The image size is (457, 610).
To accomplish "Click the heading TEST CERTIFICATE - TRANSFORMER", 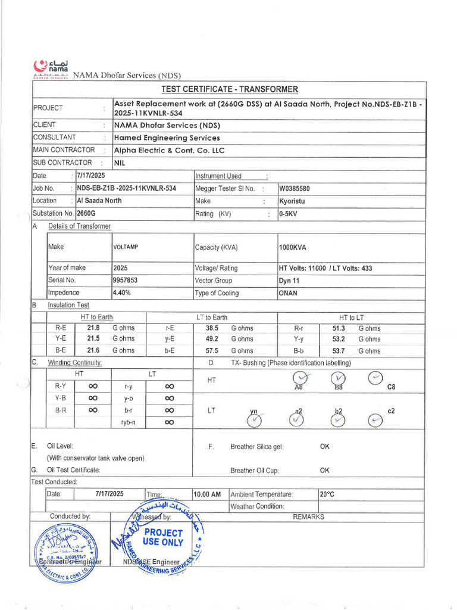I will (229, 89).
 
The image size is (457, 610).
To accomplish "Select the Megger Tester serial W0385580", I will (294, 189).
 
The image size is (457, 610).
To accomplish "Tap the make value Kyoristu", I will (292, 201).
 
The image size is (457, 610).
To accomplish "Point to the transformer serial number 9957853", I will (125, 281).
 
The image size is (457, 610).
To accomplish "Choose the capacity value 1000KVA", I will (293, 247).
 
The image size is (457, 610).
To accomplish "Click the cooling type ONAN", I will (288, 293).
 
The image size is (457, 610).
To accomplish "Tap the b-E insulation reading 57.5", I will (212, 351).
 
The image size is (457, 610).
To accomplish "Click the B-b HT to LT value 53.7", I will (339, 351).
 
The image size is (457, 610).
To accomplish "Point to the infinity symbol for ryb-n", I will (169, 422).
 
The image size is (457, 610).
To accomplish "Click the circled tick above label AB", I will (302, 378).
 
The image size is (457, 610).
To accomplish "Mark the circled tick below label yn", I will (255, 420).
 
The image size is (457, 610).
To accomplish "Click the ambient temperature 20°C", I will (327, 494).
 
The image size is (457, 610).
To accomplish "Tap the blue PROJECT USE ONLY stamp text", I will (162, 537).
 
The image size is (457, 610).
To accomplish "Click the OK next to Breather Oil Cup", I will (324, 470).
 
